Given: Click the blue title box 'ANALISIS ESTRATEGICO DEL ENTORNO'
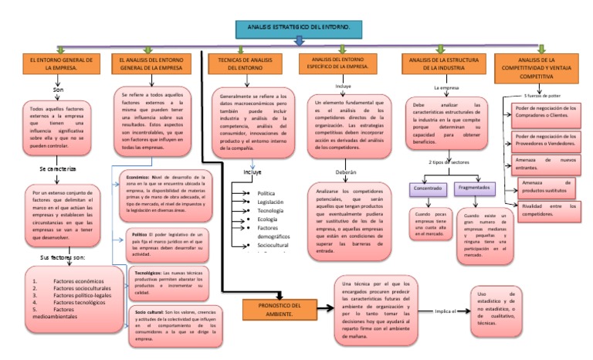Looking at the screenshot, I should [x=296, y=29].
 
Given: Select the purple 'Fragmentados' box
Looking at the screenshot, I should [x=476, y=188].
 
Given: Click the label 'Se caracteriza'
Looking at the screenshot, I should [x=59, y=168].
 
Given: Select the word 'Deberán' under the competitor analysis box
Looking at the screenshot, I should [x=346, y=172].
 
